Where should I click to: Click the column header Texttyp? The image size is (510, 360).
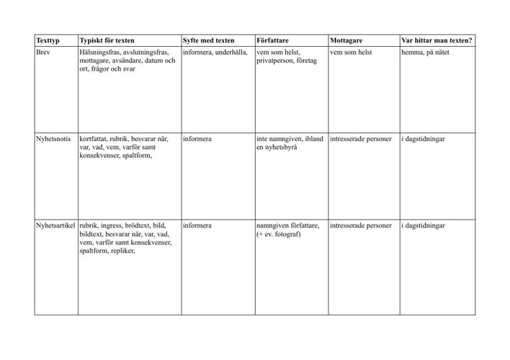(x=48, y=40)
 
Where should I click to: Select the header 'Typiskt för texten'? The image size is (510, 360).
(x=112, y=40)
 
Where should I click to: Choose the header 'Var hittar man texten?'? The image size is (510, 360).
(x=437, y=40)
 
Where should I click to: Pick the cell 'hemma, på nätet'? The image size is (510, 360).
(x=429, y=53)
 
